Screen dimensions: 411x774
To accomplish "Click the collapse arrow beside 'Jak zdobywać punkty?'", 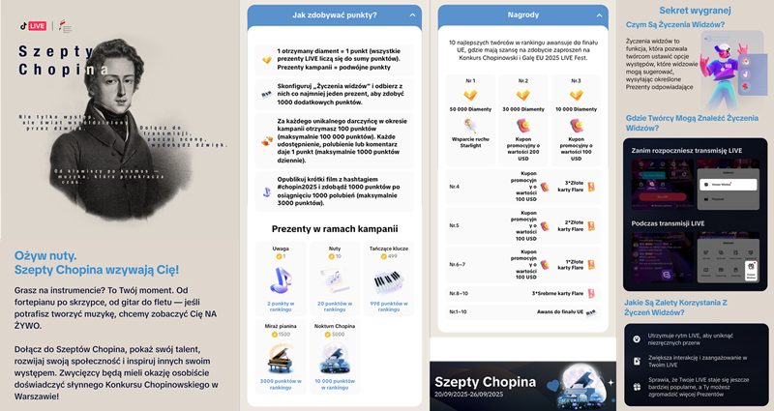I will click(x=413, y=15).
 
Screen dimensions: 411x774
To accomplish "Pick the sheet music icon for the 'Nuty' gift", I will click(x=335, y=281).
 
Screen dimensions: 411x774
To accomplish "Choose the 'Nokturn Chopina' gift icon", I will click(x=335, y=357).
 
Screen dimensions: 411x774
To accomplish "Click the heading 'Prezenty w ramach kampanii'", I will click(x=335, y=228).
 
